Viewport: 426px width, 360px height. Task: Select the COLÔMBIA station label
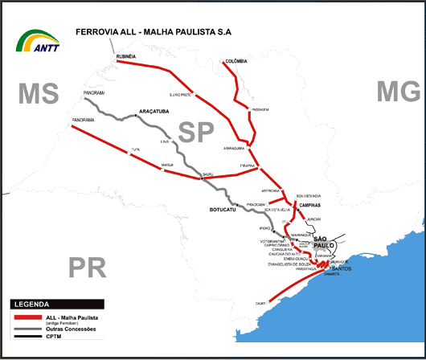[236, 60]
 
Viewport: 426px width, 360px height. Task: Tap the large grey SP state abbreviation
[198, 132]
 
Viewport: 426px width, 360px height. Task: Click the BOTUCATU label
[215, 211]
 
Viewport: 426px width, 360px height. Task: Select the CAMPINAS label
[309, 205]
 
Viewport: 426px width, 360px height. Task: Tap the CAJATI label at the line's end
[260, 303]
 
